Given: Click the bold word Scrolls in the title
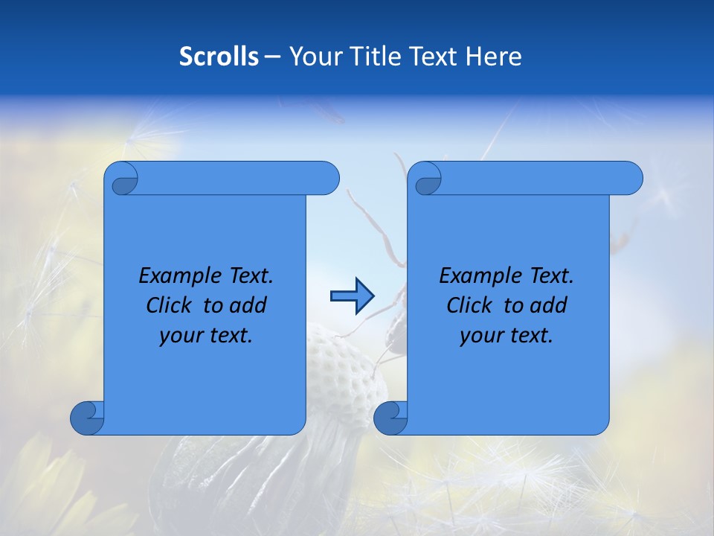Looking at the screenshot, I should [x=219, y=57].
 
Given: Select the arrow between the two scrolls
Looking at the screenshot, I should [x=351, y=296].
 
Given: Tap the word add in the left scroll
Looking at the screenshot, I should [x=248, y=305].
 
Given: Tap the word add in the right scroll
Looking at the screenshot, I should [x=548, y=305].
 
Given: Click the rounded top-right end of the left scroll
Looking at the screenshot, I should [x=327, y=179].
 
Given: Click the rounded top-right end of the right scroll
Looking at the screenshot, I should [x=631, y=179].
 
